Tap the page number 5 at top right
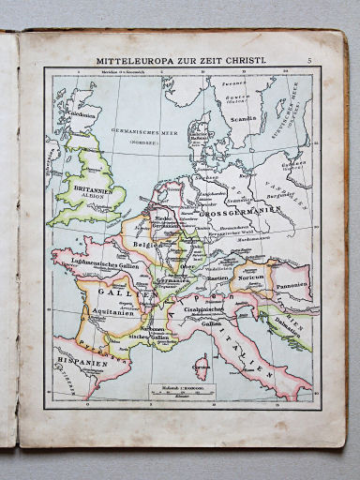click(307, 61)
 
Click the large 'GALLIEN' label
click(112, 292)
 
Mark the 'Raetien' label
click(217, 278)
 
